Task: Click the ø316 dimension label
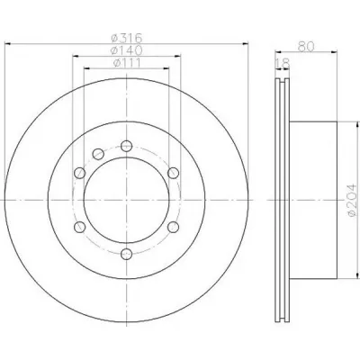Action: click(126, 38)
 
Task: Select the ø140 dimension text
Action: click(126, 50)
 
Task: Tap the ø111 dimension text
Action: click(127, 63)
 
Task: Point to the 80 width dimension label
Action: click(306, 47)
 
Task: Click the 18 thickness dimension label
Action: click(283, 64)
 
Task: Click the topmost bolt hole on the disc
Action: click(127, 146)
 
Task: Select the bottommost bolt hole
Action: click(127, 254)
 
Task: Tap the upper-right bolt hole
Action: click(174, 173)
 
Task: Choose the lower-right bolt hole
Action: click(174, 227)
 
